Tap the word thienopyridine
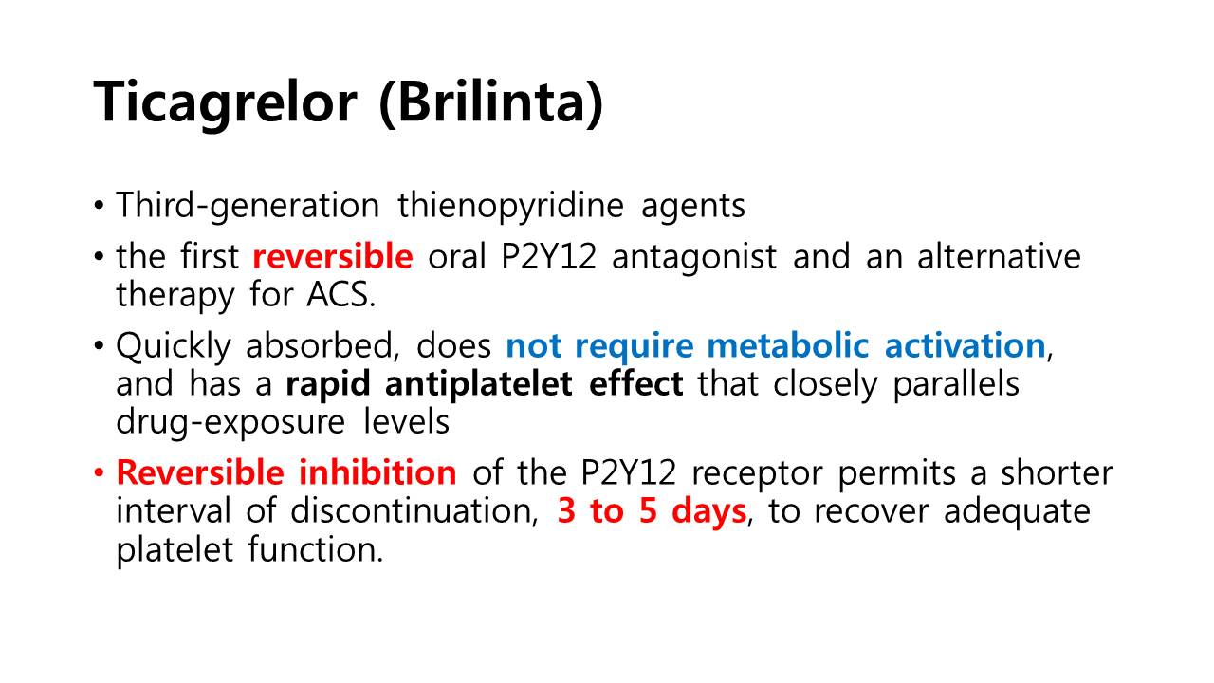510,207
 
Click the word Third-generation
248,207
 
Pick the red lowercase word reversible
333,256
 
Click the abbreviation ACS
340,295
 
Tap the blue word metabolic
788,345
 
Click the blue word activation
966,345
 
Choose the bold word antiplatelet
479,384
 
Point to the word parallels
956,384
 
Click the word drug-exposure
230,423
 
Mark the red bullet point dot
99,472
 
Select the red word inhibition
377,472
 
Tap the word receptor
757,473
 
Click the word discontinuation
414,511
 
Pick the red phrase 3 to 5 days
652,511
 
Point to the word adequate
1017,511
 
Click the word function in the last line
316,549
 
